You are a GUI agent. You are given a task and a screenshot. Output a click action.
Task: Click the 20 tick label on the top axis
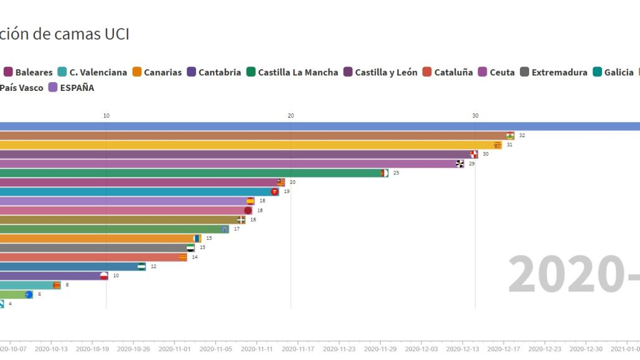coord(291,115)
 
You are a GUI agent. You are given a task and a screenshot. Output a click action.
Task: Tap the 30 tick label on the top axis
coord(475,115)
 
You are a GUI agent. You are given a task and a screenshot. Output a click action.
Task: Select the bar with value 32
coord(249,135)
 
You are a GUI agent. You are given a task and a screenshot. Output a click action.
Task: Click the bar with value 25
coord(187,173)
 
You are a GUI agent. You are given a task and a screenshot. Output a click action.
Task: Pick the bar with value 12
coord(68,266)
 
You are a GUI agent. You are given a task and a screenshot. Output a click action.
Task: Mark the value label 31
coord(509,144)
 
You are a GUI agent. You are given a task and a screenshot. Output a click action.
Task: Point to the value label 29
coord(472,163)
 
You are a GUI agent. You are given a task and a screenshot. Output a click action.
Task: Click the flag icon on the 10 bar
coord(103,275)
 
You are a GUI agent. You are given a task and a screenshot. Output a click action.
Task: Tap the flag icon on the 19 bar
coord(275,191)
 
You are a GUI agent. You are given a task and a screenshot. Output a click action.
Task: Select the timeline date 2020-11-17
coord(298,349)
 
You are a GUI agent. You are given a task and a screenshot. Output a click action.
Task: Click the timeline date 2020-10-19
coord(92,349)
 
